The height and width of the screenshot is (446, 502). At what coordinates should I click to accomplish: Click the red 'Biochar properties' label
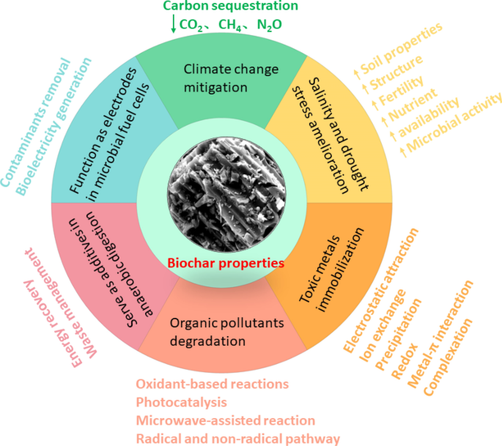(226, 264)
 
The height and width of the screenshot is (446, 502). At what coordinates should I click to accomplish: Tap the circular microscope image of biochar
(226, 195)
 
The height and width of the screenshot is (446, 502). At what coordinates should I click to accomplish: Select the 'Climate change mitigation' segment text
(231, 78)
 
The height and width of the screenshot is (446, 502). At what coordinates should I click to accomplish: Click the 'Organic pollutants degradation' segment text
(226, 332)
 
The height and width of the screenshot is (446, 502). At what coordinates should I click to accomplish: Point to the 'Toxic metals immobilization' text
(331, 270)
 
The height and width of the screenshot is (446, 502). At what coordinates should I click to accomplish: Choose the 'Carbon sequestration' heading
(231, 6)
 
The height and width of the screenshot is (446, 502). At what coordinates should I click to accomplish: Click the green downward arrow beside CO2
(174, 23)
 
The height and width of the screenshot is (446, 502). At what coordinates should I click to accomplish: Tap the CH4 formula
(230, 25)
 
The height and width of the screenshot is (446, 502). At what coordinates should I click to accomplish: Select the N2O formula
(270, 25)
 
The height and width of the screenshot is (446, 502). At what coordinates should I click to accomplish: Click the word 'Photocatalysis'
(182, 402)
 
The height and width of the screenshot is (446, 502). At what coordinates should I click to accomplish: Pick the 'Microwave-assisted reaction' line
(226, 420)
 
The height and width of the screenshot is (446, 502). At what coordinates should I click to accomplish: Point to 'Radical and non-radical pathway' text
(238, 439)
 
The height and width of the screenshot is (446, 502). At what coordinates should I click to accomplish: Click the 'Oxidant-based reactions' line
(213, 384)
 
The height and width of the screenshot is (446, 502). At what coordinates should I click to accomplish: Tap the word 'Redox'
(405, 361)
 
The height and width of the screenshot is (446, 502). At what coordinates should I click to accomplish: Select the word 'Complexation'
(448, 357)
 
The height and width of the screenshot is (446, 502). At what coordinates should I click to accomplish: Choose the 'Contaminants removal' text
(35, 122)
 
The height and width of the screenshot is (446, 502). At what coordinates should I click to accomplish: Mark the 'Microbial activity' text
(451, 125)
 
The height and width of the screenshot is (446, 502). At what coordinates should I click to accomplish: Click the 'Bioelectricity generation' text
(53, 127)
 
